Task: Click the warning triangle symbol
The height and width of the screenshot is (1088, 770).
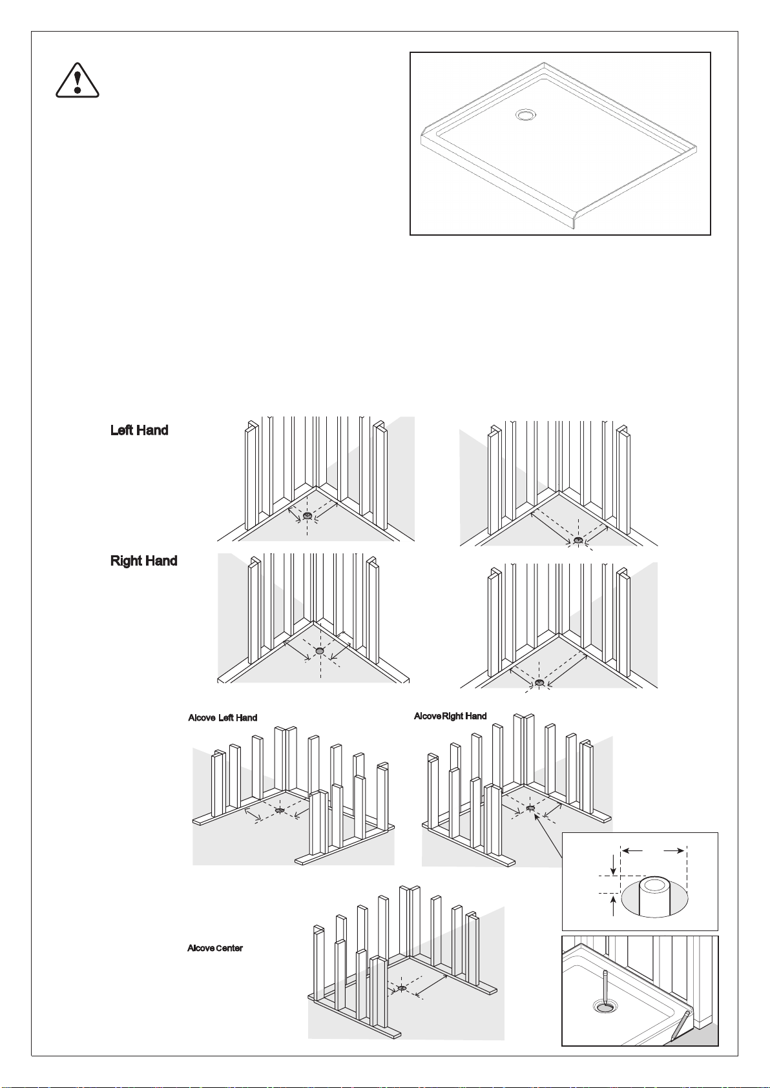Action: [x=78, y=80]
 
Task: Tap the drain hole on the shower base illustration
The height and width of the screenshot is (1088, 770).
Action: [x=526, y=115]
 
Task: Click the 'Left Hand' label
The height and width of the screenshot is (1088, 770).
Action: [x=140, y=430]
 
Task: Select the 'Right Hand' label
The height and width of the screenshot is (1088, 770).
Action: [x=144, y=561]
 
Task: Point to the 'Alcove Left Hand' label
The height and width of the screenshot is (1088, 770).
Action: [x=222, y=718]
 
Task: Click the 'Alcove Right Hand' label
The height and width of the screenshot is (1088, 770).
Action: [x=450, y=716]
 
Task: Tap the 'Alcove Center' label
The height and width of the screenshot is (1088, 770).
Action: [x=215, y=948]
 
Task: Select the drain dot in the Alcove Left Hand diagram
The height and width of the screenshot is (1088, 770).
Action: [x=280, y=810]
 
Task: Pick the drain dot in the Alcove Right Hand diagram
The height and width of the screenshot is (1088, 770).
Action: [x=530, y=808]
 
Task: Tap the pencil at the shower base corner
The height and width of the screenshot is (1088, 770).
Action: [x=680, y=1025]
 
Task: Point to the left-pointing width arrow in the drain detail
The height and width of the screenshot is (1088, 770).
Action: [x=632, y=850]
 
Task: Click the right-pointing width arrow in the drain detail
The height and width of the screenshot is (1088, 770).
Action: [x=674, y=850]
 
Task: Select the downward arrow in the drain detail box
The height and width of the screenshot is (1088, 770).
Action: [x=614, y=864]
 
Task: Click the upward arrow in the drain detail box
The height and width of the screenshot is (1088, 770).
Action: [x=614, y=905]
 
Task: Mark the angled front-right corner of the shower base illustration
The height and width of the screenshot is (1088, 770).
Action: [x=577, y=219]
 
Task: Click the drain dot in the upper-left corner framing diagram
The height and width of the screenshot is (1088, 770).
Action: [x=307, y=515]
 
